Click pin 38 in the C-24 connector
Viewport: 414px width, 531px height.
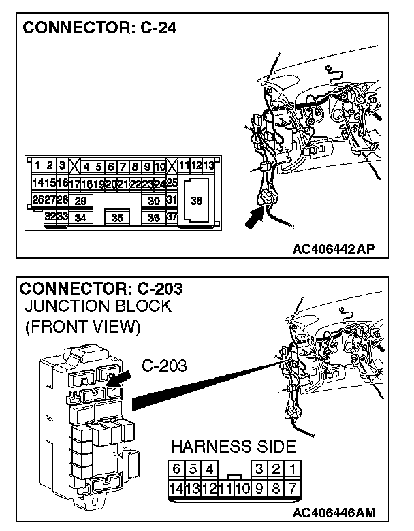(196, 201)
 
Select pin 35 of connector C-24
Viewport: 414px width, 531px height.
(117, 218)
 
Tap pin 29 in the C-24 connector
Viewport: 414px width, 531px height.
(80, 201)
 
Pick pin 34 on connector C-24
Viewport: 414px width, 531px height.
(80, 218)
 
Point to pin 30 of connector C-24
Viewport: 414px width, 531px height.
(154, 201)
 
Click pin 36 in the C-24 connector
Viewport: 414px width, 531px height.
(154, 218)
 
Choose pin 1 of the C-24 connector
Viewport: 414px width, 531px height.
(38, 165)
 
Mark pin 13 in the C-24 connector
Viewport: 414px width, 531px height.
(209, 165)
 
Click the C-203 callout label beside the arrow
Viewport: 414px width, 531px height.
(165, 368)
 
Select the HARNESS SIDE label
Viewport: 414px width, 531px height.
(232, 447)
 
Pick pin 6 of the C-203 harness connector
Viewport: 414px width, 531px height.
(177, 468)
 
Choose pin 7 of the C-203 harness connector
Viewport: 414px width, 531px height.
(291, 487)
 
